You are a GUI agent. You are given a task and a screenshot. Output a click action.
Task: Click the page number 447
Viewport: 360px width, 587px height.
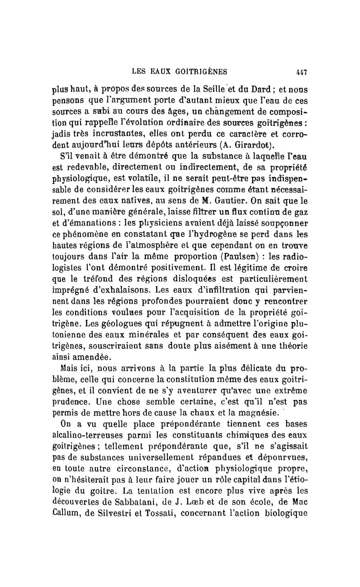pyautogui.click(x=301, y=71)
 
